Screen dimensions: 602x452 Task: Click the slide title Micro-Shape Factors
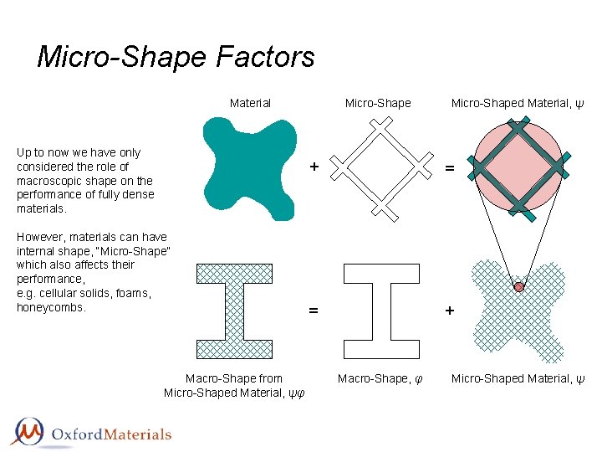click(x=176, y=57)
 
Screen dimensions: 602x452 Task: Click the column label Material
click(x=250, y=103)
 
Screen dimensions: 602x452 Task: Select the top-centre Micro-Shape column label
click(x=378, y=103)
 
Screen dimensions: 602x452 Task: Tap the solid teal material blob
click(x=248, y=167)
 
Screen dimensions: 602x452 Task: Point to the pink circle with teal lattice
click(x=518, y=167)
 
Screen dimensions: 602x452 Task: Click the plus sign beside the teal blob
click(x=314, y=166)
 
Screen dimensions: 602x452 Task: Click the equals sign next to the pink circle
click(x=450, y=168)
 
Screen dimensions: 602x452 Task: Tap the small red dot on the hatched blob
click(x=518, y=286)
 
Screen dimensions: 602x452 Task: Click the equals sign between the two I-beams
click(x=314, y=311)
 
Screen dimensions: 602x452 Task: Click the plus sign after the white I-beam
click(x=450, y=311)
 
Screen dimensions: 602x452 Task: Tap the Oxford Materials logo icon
click(x=28, y=432)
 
